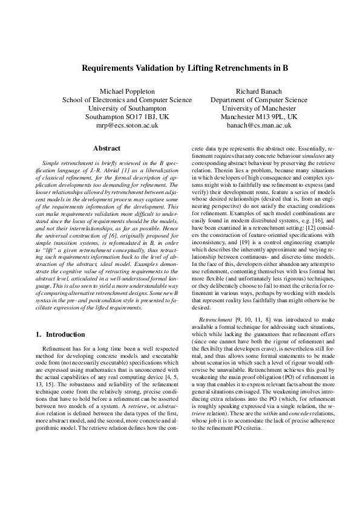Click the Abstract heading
click(106, 148)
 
